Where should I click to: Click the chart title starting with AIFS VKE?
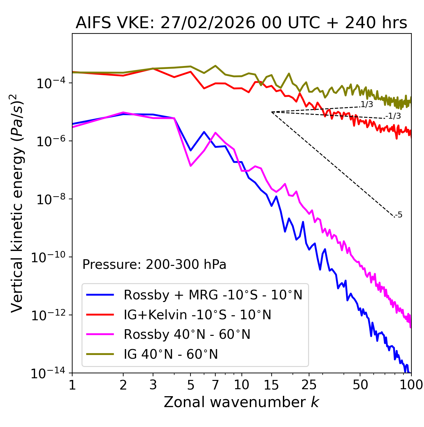point(241,23)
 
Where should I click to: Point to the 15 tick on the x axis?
point(272,385)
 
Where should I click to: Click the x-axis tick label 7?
point(215,385)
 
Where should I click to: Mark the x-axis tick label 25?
point(309,385)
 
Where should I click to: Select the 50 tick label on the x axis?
point(360,385)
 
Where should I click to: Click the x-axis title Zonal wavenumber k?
point(241,402)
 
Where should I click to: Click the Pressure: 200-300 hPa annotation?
point(154,265)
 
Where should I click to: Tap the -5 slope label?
point(399,215)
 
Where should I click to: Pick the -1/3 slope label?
point(393,116)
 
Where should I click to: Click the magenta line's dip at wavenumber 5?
point(190,166)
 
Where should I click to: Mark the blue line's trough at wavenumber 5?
point(190,151)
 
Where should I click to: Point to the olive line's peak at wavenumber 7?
point(215,66)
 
